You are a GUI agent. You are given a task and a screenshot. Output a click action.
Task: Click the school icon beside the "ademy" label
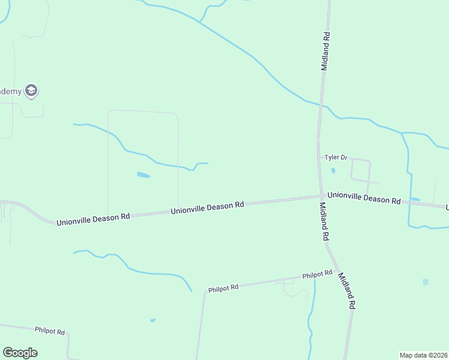(31, 91)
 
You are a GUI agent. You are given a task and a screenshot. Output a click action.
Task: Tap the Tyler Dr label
(336, 158)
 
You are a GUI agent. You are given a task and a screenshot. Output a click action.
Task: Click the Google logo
(20, 353)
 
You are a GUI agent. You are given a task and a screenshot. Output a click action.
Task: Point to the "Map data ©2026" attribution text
(423, 355)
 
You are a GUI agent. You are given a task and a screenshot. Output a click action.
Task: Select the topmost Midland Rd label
(325, 52)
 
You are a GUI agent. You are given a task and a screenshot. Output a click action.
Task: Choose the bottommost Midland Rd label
(347, 291)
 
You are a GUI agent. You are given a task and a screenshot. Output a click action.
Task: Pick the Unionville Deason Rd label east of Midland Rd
(364, 199)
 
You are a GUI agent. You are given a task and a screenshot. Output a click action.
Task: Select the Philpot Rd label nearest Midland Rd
(318, 275)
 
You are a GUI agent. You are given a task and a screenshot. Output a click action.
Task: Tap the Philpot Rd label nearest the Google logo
(50, 330)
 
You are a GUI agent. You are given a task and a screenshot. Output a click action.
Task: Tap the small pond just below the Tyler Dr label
(333, 170)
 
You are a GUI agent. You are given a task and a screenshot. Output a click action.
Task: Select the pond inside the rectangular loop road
(143, 175)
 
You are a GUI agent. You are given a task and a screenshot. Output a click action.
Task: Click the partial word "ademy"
(10, 91)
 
